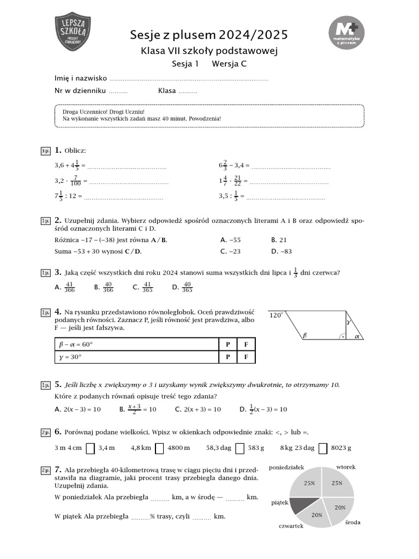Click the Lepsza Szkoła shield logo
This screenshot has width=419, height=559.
pyautogui.click(x=74, y=32)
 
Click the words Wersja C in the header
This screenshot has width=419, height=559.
pyautogui.click(x=229, y=64)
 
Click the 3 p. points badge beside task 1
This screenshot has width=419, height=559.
pyautogui.click(x=45, y=150)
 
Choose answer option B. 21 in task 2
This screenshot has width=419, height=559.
pyautogui.click(x=279, y=240)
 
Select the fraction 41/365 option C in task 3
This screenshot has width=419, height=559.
pyautogui.click(x=144, y=287)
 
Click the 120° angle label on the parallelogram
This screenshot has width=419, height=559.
pyautogui.click(x=276, y=315)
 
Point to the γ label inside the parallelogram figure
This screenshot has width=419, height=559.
pyautogui.click(x=348, y=323)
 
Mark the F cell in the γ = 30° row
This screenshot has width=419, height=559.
pyautogui.click(x=246, y=357)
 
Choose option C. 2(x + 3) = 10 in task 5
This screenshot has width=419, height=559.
pyautogui.click(x=197, y=409)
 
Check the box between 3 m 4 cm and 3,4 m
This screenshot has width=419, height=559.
pyautogui.click(x=91, y=448)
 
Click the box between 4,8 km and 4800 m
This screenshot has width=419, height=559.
pyautogui.click(x=159, y=448)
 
